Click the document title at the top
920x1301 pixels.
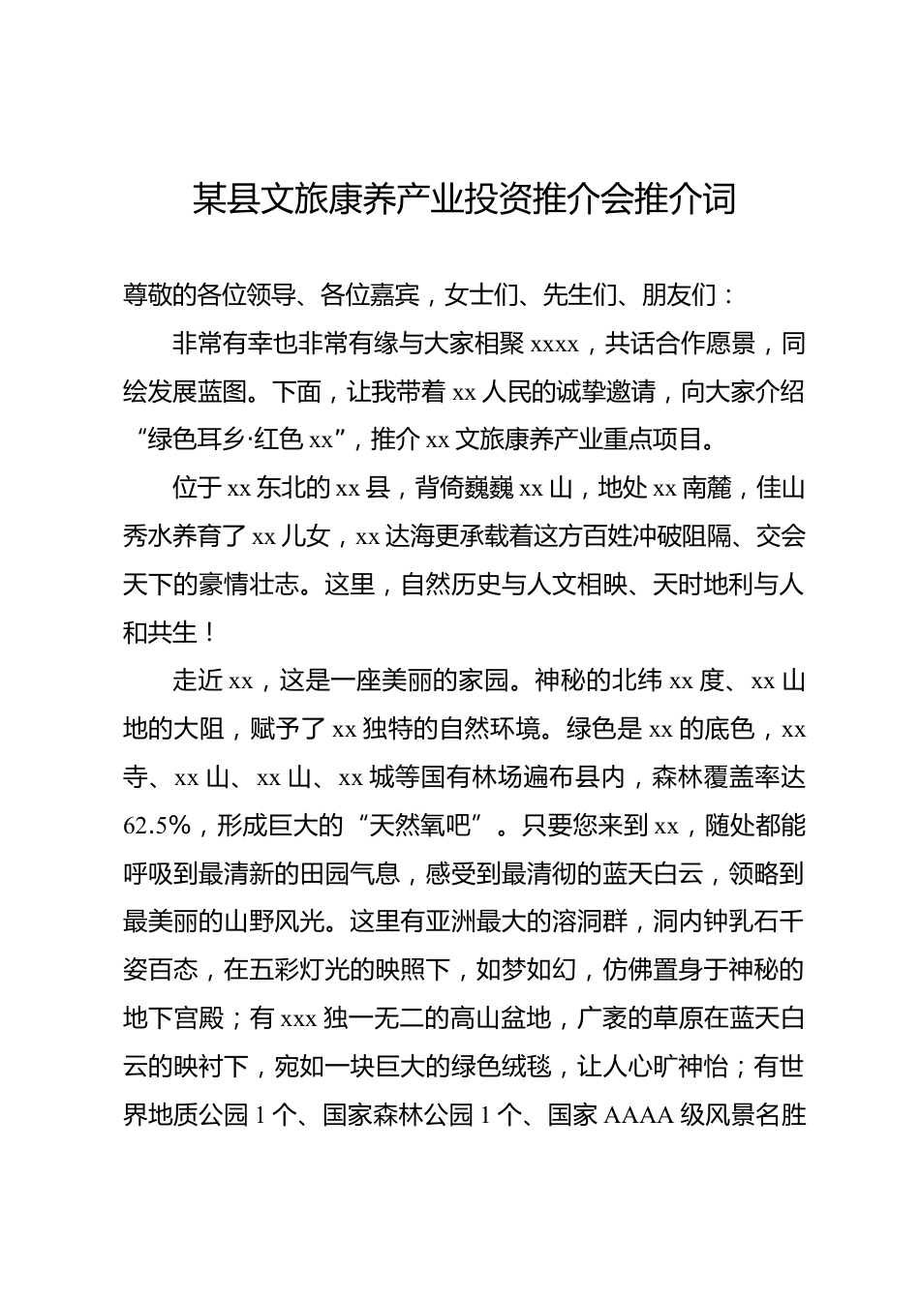click(464, 199)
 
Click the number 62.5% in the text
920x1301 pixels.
click(156, 826)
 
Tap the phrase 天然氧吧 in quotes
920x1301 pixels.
click(420, 826)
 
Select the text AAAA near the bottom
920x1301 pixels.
click(639, 1116)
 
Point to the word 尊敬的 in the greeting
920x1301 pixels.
click(160, 295)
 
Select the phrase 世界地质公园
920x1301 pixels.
click(186, 1116)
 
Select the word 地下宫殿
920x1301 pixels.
click(172, 1019)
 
